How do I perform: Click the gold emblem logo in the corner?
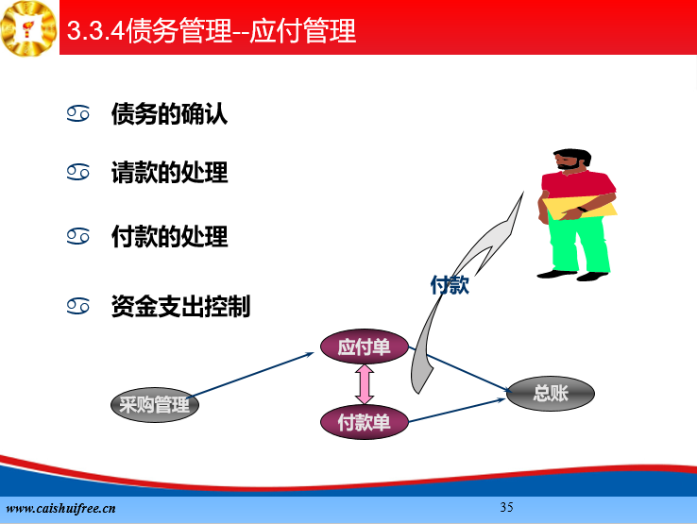click(x=29, y=28)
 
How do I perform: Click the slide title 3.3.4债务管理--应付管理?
click(x=212, y=30)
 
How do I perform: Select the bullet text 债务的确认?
click(x=169, y=114)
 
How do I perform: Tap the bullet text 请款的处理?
click(x=169, y=173)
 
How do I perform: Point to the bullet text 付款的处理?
click(x=169, y=236)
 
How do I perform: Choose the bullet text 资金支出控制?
click(x=181, y=306)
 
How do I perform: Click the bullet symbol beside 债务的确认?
click(x=77, y=114)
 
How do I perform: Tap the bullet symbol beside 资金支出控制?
click(x=77, y=306)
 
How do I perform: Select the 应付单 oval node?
click(x=365, y=347)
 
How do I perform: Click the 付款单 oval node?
click(x=365, y=422)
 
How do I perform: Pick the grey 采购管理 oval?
click(x=155, y=404)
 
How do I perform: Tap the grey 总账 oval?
click(x=551, y=394)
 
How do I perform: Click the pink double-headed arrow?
click(x=365, y=384)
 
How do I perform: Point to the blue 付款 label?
click(x=450, y=284)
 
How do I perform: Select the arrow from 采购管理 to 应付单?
click(x=251, y=375)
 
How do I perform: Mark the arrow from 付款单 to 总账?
click(x=457, y=410)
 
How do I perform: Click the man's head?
click(x=571, y=160)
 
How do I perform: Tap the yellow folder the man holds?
click(x=579, y=207)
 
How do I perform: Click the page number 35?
click(x=506, y=507)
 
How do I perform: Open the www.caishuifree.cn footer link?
click(x=60, y=509)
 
